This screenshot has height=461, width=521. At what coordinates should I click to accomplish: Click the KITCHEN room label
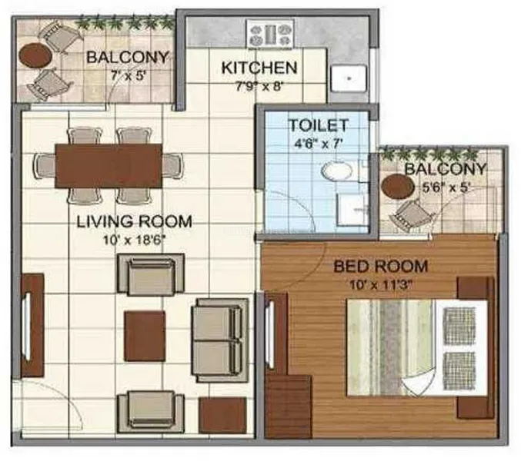pos(259,68)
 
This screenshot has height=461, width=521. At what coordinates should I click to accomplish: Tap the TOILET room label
pos(319,125)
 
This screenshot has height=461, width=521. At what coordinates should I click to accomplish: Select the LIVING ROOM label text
pos(134,221)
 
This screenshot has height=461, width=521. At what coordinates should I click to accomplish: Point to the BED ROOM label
pos(381,267)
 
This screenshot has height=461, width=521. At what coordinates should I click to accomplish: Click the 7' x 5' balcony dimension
pos(129,76)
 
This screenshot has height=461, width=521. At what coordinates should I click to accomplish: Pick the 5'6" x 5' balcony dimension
pos(446,188)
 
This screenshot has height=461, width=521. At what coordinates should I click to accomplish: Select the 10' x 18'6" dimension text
pos(134,240)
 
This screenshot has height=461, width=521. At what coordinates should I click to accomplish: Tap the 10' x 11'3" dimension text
pos(381,285)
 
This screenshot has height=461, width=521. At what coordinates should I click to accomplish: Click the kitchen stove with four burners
pos(270,33)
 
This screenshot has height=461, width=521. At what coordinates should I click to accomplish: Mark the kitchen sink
pos(349,78)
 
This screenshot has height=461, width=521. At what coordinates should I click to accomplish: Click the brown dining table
pos(109,166)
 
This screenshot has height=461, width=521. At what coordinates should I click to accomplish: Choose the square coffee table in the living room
pos(145,336)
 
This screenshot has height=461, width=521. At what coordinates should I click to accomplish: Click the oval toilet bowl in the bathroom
pos(337,171)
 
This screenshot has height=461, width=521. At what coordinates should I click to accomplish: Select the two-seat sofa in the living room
pos(220,340)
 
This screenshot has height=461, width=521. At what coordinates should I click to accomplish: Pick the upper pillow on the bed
pos(459,326)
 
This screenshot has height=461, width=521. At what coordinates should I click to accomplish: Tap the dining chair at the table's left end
pos(45,166)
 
